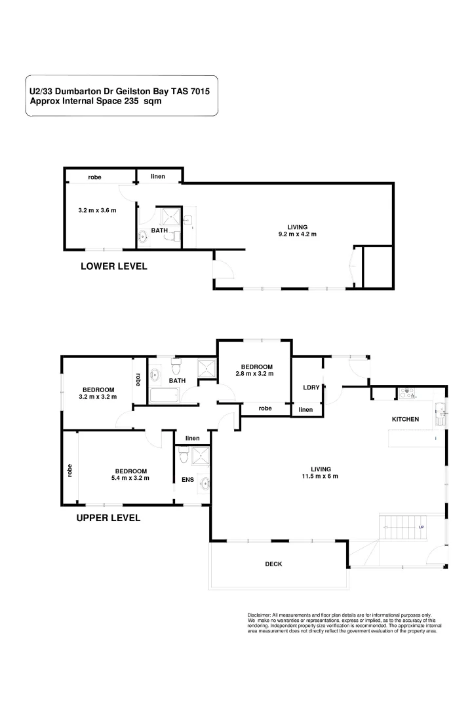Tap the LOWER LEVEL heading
[113, 266]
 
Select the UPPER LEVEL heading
[108, 517]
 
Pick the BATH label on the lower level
[159, 230]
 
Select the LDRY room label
[311, 388]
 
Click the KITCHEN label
[405, 420]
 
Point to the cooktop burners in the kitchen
[408, 393]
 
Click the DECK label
[273, 564]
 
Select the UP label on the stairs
[421, 527]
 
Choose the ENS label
[187, 479]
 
